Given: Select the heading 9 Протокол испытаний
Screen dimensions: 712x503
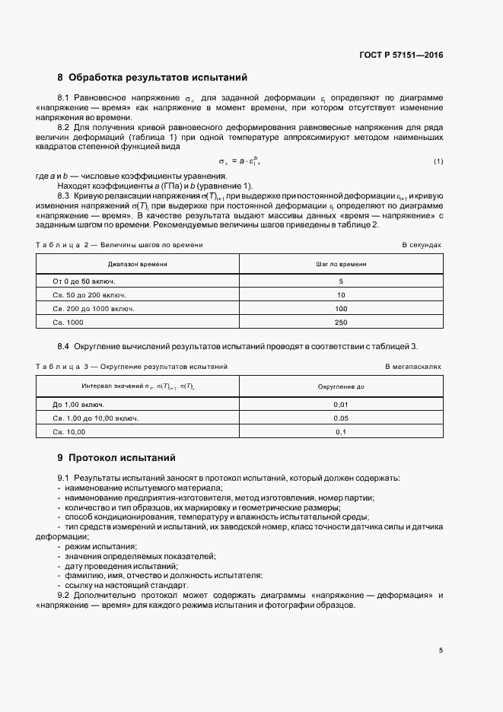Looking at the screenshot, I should click(116, 458).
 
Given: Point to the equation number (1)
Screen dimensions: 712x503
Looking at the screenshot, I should click(438, 161).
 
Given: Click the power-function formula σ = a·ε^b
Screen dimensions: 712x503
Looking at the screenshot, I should click(244, 161).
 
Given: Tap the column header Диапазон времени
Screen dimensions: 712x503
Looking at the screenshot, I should click(138, 263).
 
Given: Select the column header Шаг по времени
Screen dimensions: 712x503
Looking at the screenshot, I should click(341, 263).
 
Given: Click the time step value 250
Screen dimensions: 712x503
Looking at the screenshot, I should click(341, 323).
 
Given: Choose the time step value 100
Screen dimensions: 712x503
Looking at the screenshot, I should click(341, 309).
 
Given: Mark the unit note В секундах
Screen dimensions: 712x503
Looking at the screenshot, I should click(422, 245).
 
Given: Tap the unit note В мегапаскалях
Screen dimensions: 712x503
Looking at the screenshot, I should click(413, 367).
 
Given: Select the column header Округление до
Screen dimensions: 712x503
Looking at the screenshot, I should click(341, 386).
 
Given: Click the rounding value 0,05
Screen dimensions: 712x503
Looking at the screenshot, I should click(341, 418).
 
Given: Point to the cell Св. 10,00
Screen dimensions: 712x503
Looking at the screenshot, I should click(69, 432).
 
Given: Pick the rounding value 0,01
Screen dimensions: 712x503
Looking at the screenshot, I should click(341, 405).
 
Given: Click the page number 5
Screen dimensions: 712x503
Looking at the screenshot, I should click(441, 650).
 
